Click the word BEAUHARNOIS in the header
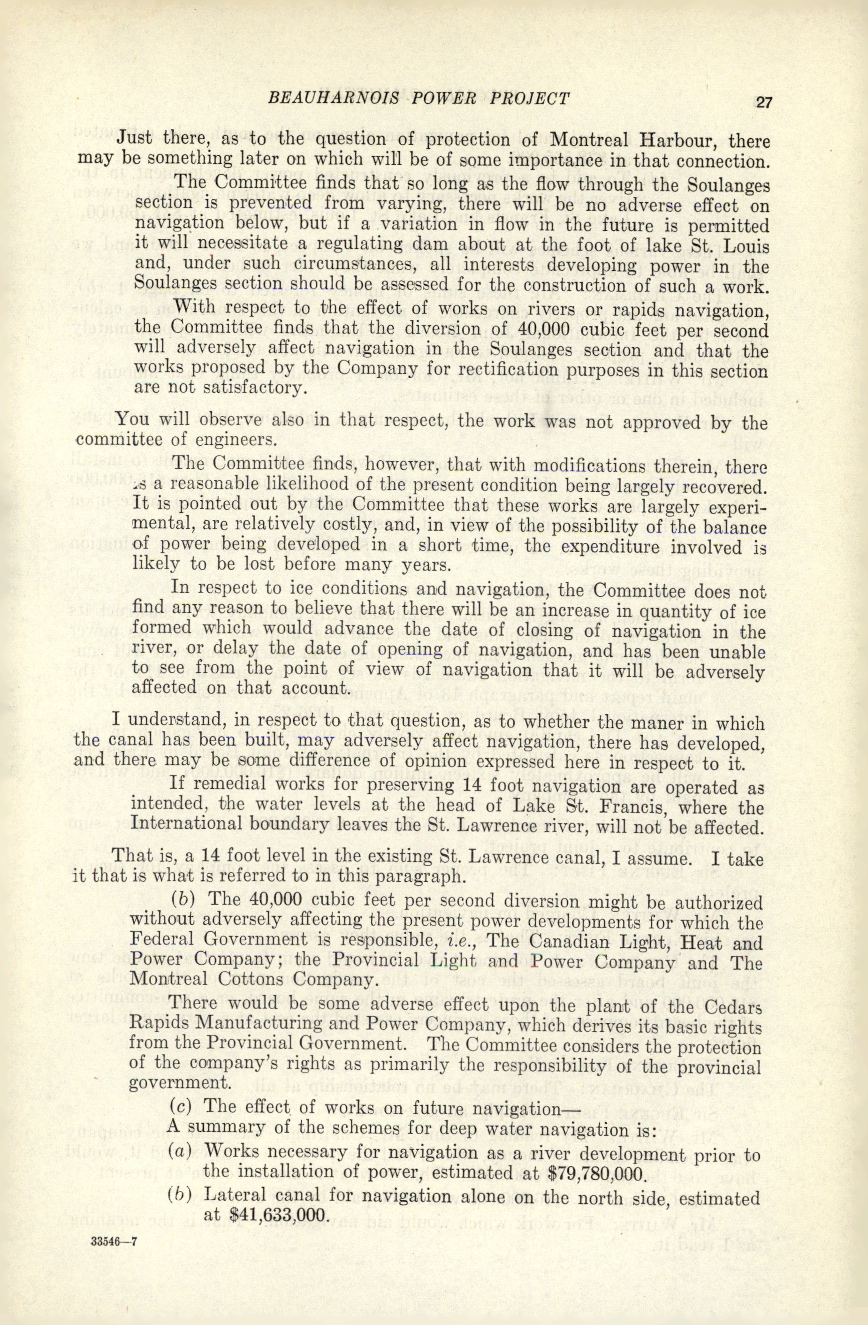333,99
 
